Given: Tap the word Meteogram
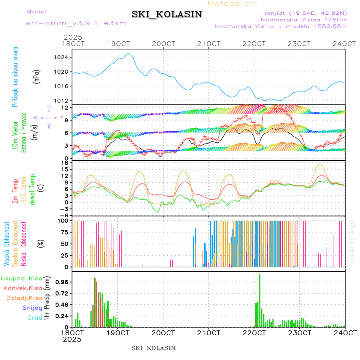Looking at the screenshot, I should pos(233,4).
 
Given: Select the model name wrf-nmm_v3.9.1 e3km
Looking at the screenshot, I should pos(76,23).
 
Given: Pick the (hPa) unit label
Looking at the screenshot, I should pos(36,76).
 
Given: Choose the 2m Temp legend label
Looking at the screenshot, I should pos(16,192).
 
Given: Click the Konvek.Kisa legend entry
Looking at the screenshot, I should pos(22,288).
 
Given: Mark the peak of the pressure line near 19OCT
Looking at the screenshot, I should pos(128,53).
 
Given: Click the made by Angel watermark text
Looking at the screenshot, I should pos(352,240).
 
